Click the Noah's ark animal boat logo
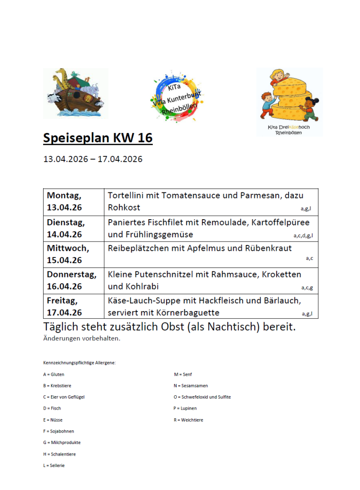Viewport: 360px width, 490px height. pyautogui.click(x=75, y=93)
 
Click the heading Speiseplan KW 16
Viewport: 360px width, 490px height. pyautogui.click(x=98, y=138)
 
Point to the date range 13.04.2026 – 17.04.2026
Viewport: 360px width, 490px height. pyautogui.click(x=93, y=159)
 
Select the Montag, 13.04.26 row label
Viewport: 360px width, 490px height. pyautogui.click(x=64, y=201)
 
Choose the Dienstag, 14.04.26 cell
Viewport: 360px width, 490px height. pyautogui.click(x=66, y=228)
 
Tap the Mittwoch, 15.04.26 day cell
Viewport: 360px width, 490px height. pyautogui.click(x=68, y=254)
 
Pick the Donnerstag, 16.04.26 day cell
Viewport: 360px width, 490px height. pyautogui.click(x=71, y=280)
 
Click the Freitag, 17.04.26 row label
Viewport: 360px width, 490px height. pyautogui.click(x=64, y=306)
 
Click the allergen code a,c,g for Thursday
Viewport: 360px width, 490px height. pyautogui.click(x=307, y=288)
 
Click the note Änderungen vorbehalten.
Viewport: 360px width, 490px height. pyautogui.click(x=82, y=339)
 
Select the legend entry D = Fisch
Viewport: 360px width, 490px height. pyautogui.click(x=52, y=408)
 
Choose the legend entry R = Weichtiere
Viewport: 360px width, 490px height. pyautogui.click(x=189, y=420)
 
